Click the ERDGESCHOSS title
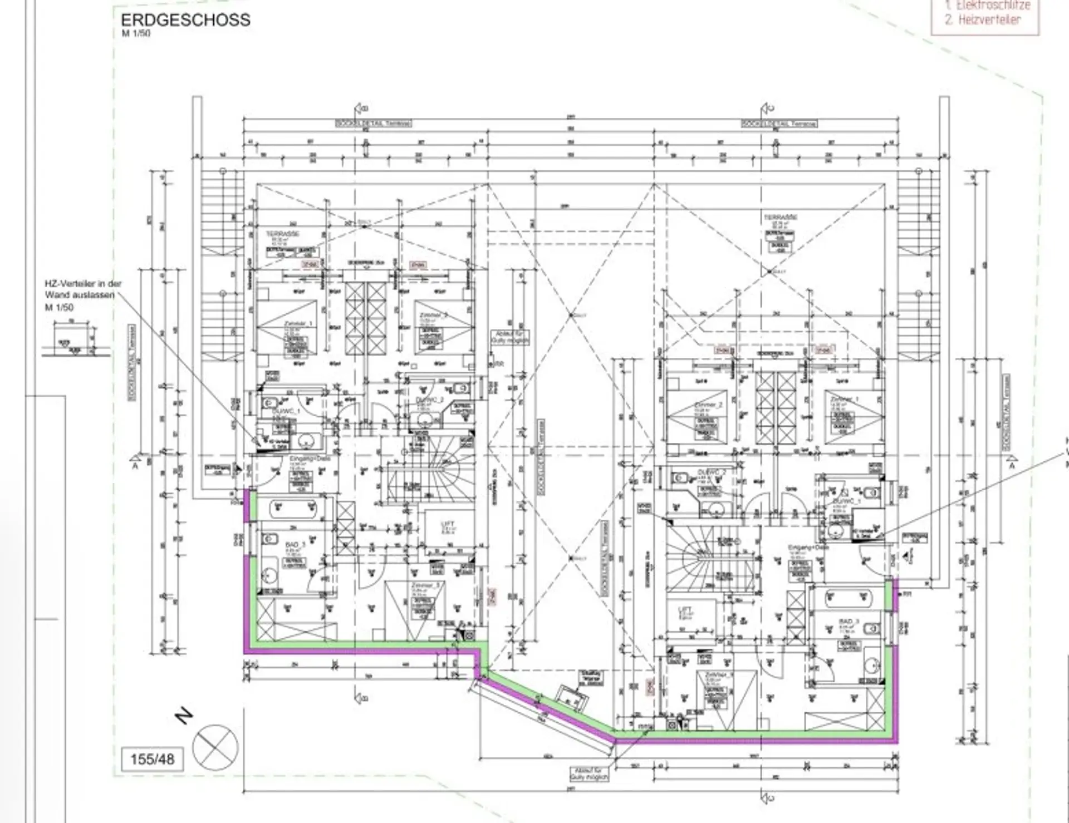(185, 20)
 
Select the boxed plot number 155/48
(152, 759)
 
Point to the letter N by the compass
(184, 716)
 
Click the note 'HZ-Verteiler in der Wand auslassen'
(83, 289)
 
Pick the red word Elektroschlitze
(993, 6)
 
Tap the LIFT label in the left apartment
(448, 524)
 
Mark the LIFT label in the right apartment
(685, 610)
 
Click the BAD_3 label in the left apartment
(295, 544)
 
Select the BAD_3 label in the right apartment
(849, 622)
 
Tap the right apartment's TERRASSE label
(781, 217)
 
